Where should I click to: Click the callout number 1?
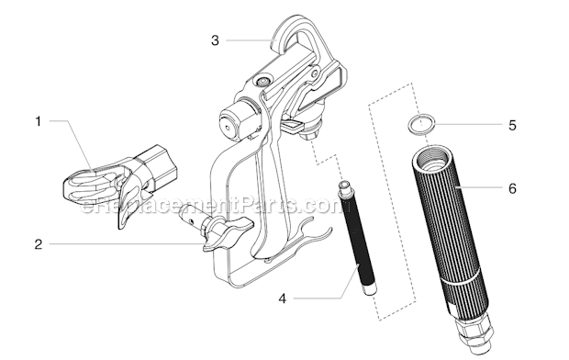[x=38, y=120]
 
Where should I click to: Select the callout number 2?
[x=38, y=244]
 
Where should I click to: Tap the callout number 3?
[x=214, y=39]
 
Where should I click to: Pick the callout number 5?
[x=512, y=125]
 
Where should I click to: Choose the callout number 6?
[x=512, y=188]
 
